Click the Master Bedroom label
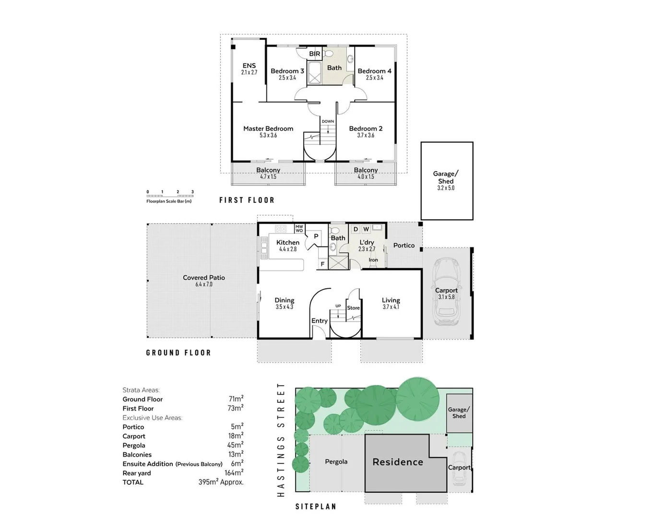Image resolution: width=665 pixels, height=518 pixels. point(268,129)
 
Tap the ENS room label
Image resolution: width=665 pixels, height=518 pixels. point(249,66)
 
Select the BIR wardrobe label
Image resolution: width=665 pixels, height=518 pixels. point(314,54)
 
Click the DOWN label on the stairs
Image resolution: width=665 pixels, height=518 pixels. point(328,121)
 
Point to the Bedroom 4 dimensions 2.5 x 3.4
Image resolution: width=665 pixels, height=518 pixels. point(374,78)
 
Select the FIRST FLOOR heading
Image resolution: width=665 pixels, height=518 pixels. point(247,200)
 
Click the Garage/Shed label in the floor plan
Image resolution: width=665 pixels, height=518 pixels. point(446,177)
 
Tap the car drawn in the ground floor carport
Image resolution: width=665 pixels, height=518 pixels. point(447,293)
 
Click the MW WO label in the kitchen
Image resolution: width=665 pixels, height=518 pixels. point(299,229)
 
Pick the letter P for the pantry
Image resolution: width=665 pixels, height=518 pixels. point(316,236)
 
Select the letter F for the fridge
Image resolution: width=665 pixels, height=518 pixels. point(322,264)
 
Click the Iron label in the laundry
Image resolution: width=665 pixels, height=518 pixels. point(373,260)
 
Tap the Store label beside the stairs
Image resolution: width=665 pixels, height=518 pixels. point(353,308)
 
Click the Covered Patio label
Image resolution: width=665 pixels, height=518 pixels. point(203,278)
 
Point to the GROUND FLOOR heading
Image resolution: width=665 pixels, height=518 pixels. point(178,353)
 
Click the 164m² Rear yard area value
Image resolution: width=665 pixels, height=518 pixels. point(234,473)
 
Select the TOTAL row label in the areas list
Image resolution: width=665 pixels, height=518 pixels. point(133,482)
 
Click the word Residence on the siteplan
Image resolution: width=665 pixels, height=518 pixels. point(398,462)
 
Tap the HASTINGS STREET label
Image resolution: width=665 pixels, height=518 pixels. point(281,439)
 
